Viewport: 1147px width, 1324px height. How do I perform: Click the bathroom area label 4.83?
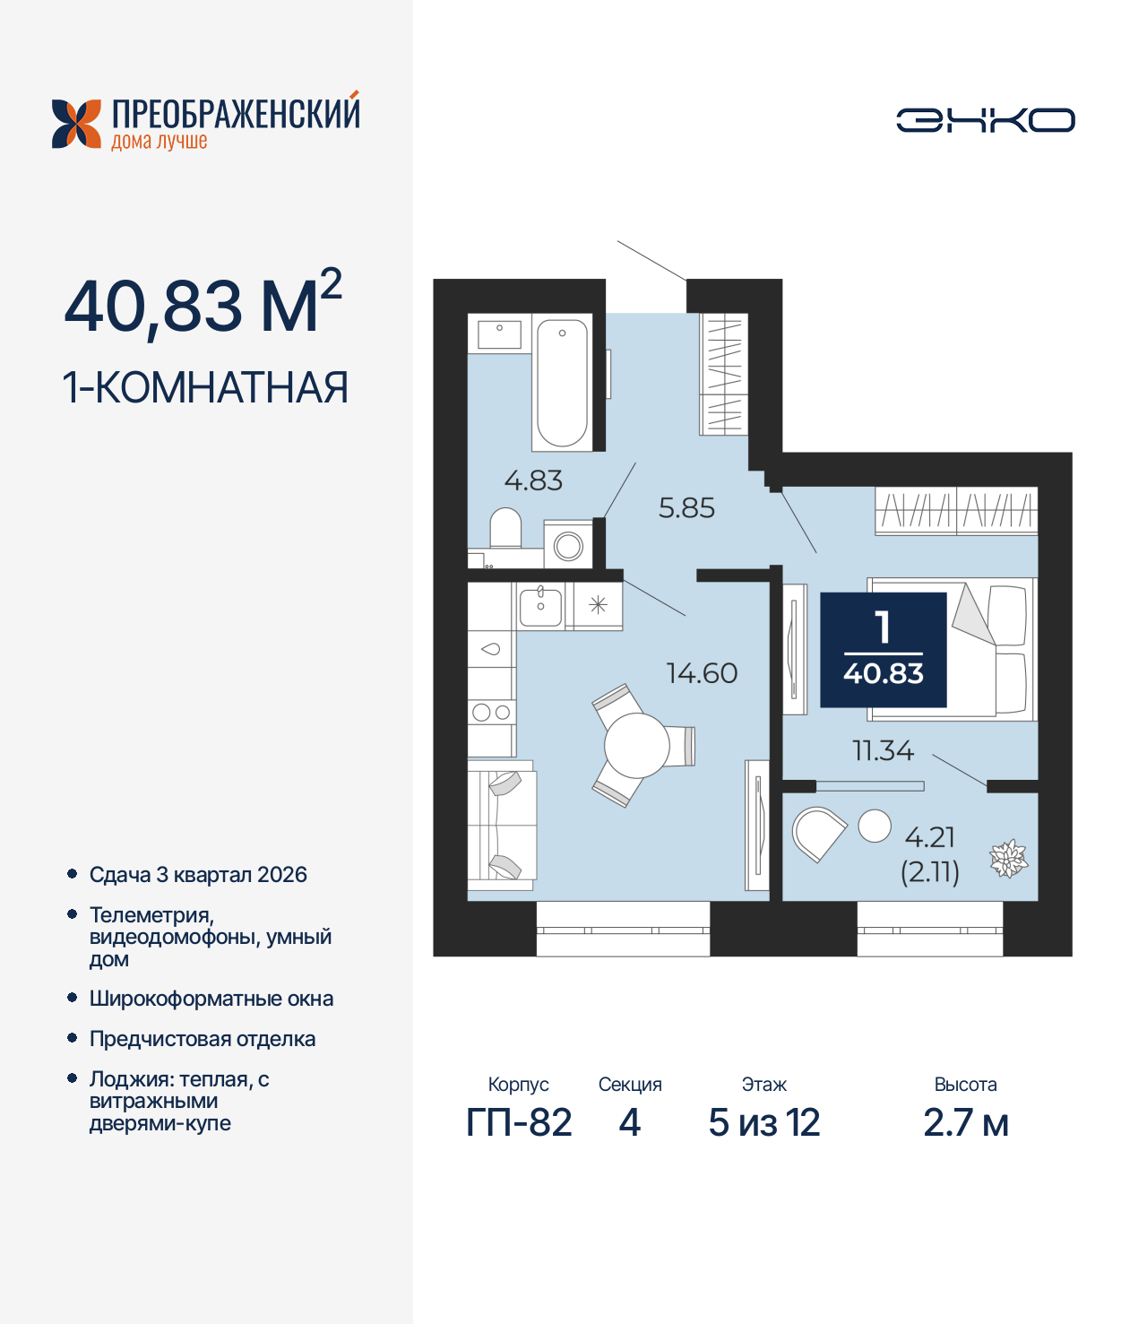533,481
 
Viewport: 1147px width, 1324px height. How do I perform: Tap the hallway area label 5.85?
686,508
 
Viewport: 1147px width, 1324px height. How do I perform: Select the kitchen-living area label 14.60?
702,673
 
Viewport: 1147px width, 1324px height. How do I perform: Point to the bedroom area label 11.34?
883,750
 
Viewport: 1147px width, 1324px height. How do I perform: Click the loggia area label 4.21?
930,837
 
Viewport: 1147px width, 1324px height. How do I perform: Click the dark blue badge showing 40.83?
884,650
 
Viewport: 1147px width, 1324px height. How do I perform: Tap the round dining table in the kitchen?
636,746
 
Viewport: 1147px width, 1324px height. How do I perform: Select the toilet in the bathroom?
506,529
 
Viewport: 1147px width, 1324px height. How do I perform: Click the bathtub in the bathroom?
562,383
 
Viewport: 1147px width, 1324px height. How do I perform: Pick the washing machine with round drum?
568,545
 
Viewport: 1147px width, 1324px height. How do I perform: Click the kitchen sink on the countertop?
540,606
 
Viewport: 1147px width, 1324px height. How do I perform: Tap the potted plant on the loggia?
1008,859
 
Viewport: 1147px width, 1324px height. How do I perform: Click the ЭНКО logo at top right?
985,120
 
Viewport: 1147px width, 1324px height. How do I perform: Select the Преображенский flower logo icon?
76,124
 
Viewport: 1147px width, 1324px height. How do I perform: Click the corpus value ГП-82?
519,1122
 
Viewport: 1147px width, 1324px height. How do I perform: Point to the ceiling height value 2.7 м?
965,1122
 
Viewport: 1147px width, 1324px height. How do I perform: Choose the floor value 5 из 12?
763,1122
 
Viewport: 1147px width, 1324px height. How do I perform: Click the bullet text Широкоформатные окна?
211,999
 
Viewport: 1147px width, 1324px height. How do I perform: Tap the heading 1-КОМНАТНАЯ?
205,387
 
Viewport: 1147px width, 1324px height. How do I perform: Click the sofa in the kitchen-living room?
502,826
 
